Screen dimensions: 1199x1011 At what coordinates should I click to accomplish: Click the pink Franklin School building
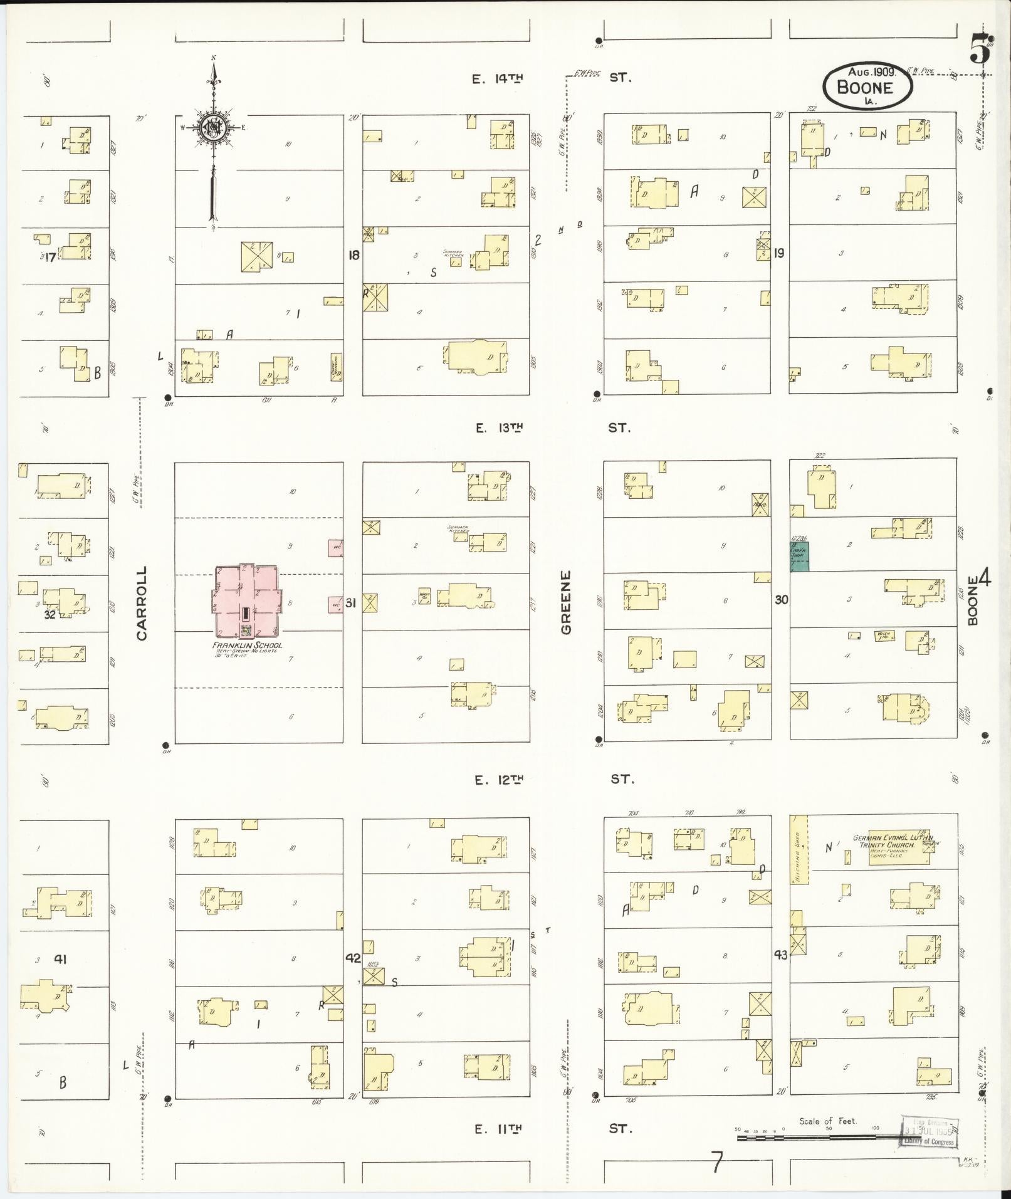tap(247, 600)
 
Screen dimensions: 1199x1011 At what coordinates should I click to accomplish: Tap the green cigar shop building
tap(799, 556)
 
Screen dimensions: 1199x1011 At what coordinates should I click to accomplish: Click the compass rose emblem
tap(214, 127)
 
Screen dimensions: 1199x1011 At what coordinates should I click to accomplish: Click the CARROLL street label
tap(142, 603)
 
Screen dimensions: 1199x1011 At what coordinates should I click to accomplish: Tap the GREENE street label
tap(567, 602)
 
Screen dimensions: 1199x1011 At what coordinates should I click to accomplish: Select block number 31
tap(351, 603)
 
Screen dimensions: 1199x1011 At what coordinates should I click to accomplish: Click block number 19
tap(779, 253)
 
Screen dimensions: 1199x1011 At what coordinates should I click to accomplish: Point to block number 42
tap(353, 958)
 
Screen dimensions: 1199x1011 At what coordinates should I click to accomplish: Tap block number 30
tap(781, 600)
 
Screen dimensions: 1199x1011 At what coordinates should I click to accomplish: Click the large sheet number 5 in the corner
tap(980, 50)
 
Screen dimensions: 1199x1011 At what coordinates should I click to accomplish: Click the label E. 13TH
tap(498, 428)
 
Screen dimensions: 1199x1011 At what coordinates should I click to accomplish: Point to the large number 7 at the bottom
tap(716, 1163)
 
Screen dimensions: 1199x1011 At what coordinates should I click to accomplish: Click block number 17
tap(50, 256)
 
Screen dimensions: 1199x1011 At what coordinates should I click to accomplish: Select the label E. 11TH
tap(498, 1129)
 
